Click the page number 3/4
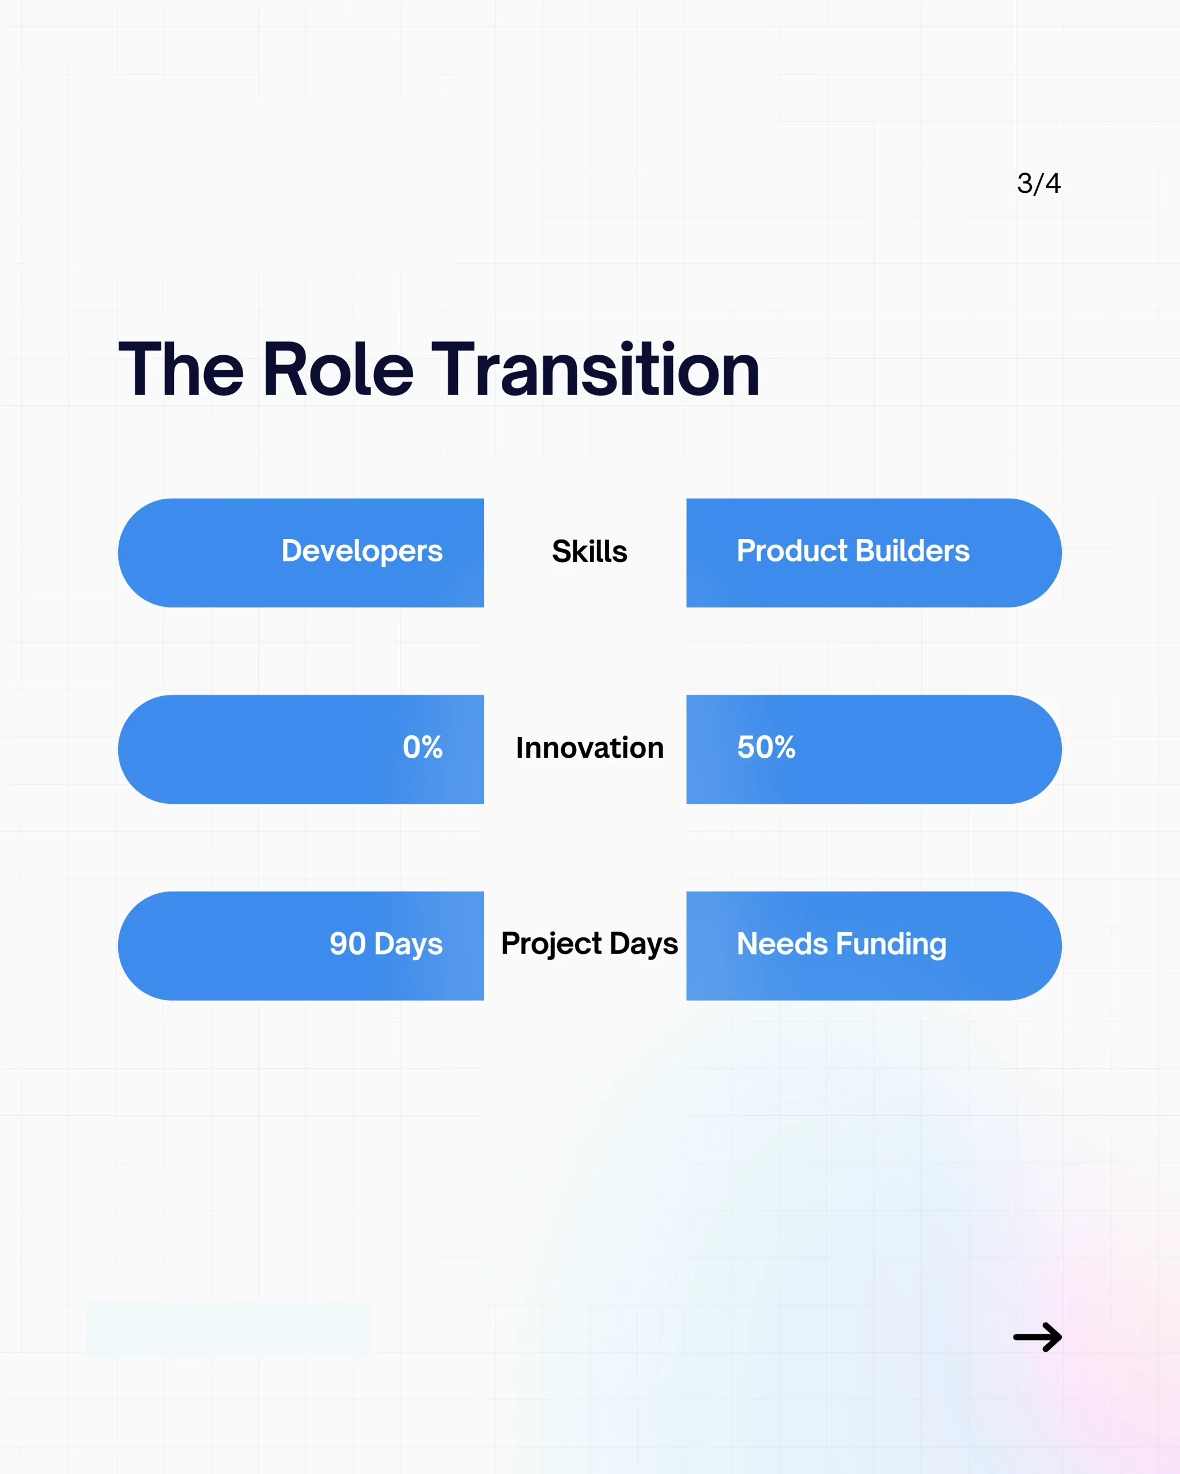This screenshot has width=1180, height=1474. [1038, 183]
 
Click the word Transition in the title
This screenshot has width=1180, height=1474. [595, 370]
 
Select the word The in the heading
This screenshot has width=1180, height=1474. [180, 370]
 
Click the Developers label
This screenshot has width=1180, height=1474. [362, 551]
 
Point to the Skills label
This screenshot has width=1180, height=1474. [589, 552]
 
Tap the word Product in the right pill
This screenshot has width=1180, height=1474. [792, 551]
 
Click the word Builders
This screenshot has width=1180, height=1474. [913, 551]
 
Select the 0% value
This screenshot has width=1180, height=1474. [422, 747]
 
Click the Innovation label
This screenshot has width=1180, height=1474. [589, 748]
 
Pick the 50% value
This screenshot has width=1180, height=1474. [766, 747]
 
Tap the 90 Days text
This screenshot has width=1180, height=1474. [386, 944]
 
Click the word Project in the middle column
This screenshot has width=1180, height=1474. [551, 944]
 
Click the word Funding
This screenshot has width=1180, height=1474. [891, 944]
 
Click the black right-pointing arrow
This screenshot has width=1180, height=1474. [1037, 1338]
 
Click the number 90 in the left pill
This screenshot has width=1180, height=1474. [347, 944]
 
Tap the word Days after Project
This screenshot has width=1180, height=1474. [644, 944]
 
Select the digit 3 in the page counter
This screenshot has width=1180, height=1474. [1024, 183]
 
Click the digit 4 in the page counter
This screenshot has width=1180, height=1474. [1053, 183]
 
